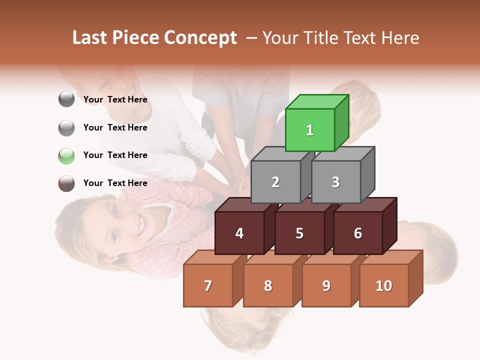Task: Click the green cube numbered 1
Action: point(309,130)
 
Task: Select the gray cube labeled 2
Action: point(275,182)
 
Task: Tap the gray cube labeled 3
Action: point(335,182)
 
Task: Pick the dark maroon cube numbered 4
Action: point(239,233)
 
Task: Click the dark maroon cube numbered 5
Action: point(299,233)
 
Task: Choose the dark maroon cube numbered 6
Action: point(358,233)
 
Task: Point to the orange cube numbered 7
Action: point(208,285)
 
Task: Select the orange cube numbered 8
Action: point(268,285)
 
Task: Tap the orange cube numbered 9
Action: point(326,285)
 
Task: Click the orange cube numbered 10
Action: point(384,285)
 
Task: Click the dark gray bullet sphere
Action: point(66,99)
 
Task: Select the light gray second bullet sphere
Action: point(66,127)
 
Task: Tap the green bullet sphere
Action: point(66,155)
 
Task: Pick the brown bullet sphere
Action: point(66,183)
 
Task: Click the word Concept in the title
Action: point(200,38)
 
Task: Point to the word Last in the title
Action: point(90,38)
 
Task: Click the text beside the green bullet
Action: point(115,155)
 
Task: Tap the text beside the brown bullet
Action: point(115,183)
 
